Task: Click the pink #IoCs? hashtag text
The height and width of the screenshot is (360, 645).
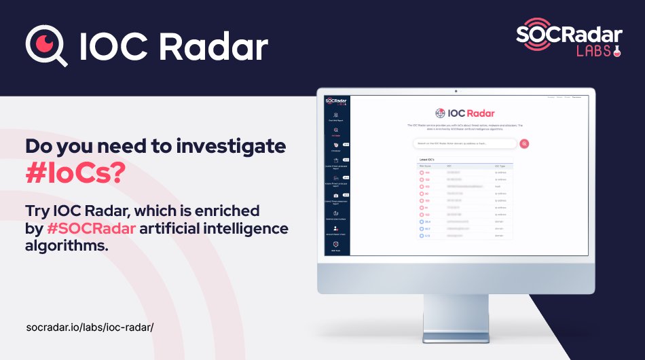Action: [75, 173]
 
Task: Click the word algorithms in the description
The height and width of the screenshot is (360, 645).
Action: [67, 246]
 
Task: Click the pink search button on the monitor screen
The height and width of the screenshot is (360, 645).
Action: [524, 143]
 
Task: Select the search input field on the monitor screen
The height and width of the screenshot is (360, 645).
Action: [465, 143]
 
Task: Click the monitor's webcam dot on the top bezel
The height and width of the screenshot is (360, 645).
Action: [456, 91]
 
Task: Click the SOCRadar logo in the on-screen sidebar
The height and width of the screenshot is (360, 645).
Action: [335, 102]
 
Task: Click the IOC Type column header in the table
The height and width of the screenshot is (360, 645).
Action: [501, 165]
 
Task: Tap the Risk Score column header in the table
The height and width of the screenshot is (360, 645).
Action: [426, 165]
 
